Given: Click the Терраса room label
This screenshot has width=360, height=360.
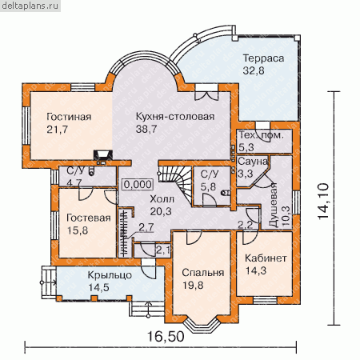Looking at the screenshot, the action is point(263,58).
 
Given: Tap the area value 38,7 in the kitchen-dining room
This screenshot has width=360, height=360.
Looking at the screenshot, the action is point(146,129).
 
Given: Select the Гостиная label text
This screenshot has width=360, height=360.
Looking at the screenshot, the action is point(69,117).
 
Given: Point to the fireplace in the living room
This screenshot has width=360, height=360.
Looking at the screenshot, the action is point(102,156).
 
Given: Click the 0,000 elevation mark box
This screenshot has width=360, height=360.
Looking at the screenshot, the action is point(138,184).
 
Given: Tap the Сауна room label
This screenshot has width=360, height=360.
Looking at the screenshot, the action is point(253,162).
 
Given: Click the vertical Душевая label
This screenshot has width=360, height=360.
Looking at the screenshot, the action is point(274,205).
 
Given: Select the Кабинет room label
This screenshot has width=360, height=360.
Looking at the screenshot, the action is point(266,258).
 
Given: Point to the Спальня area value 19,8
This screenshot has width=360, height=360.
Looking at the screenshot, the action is point(193,285).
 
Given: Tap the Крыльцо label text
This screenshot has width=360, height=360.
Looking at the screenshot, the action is point(110,275).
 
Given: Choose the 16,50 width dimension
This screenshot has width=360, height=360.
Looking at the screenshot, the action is point(166,336).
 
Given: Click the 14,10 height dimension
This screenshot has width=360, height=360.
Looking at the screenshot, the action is point(323,202).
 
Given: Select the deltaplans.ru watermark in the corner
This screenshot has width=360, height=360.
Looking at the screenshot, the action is point(30,6).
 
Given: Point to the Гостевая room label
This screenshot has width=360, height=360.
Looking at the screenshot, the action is point(89,218).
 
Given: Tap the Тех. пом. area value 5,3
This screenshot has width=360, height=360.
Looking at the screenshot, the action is point(246,147).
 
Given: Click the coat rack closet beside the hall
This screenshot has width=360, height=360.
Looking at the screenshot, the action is point(124,233).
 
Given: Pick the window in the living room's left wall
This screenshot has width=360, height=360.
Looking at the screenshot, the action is point(26,126).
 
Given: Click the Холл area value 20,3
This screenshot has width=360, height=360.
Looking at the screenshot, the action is point(161,211).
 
